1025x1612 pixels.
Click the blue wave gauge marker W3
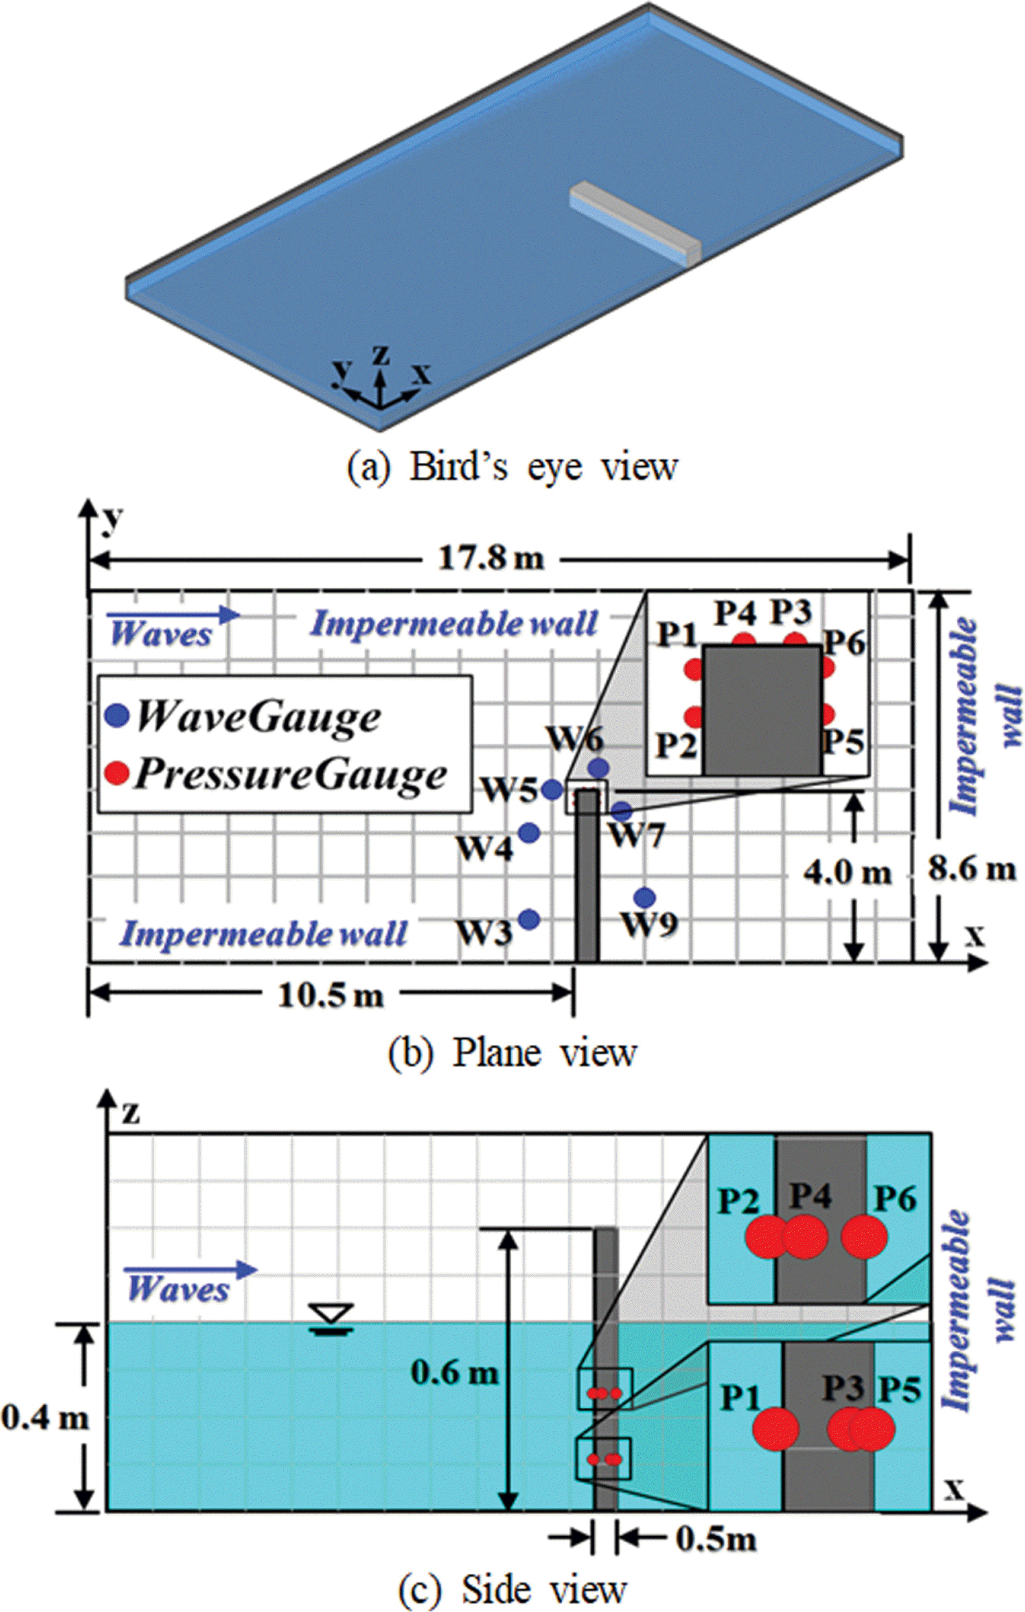529,919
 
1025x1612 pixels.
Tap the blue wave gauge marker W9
644,897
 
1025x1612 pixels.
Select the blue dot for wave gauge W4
529,833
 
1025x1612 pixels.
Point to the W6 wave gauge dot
598,768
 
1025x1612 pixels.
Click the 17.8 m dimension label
492,557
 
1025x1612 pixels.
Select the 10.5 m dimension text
331,996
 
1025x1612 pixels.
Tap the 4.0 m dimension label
847,872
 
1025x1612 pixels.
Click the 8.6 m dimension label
972,869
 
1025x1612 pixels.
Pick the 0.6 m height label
455,1373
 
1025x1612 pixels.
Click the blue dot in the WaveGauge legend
117,716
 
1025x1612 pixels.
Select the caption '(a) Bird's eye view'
512,467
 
